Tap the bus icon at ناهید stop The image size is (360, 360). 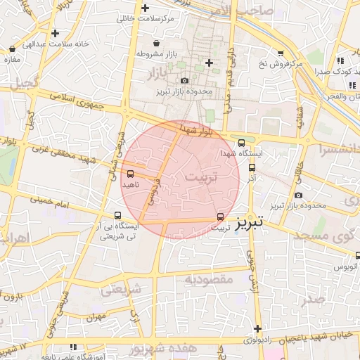pyautogui.click(x=130, y=173)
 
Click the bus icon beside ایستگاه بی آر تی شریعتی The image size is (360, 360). pyautogui.click(x=117, y=216)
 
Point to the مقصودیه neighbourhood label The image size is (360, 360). pyautogui.click(x=209, y=279)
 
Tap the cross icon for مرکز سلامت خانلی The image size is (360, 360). pyautogui.click(x=146, y=8)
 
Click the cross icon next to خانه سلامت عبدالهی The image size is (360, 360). pyautogui.click(x=55, y=33)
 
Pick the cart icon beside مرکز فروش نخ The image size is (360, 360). pyautogui.click(x=281, y=53)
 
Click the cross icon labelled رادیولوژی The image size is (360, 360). pyautogui.click(x=258, y=329)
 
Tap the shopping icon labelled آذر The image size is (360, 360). pyautogui.click(x=252, y=167)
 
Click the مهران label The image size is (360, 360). pyautogui.click(x=96, y=318)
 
